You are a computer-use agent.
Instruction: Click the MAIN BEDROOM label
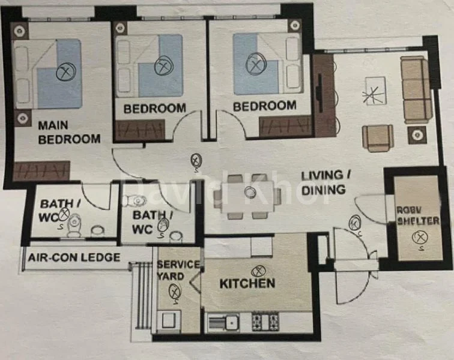click(69, 133)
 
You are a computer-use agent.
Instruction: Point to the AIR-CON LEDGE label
click(74, 257)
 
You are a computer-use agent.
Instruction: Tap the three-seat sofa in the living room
click(416, 90)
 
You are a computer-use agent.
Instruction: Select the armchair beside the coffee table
click(378, 137)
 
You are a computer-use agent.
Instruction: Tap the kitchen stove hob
click(265, 322)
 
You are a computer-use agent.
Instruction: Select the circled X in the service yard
click(174, 291)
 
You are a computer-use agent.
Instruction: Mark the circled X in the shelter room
click(417, 238)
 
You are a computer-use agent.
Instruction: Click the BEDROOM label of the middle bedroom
click(154, 109)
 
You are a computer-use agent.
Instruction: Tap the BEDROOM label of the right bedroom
click(264, 106)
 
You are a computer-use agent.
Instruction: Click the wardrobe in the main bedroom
click(41, 171)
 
